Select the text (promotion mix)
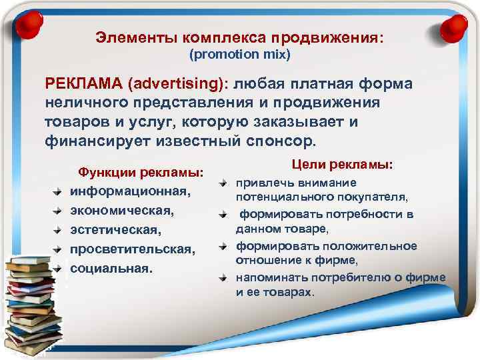[x=240, y=54]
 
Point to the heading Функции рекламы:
[x=141, y=172]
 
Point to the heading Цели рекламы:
[x=342, y=163]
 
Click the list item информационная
[x=131, y=191]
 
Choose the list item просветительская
[x=133, y=249]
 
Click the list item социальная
[x=111, y=268]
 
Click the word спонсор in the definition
[x=280, y=141]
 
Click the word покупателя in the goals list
[x=373, y=197]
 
